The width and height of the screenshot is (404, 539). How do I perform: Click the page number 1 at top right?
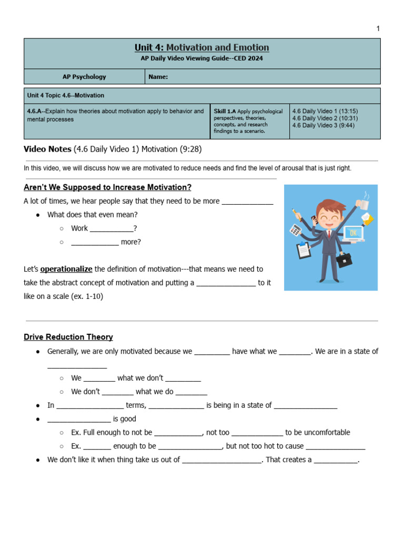[x=378, y=28]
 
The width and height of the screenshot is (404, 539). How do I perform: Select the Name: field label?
[x=158, y=77]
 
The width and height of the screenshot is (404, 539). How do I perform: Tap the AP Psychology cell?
[x=84, y=77]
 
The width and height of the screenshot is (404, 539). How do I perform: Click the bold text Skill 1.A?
[x=225, y=112]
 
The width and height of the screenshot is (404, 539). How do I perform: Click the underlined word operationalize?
[x=66, y=269]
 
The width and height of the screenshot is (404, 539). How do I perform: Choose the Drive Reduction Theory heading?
[x=68, y=337]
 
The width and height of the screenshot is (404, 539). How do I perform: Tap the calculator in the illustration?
[x=296, y=229]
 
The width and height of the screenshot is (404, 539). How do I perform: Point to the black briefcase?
[x=344, y=259]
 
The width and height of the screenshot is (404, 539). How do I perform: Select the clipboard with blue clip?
[x=304, y=250]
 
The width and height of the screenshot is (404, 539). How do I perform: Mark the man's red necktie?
[x=329, y=235]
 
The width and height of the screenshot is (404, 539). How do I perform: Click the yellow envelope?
[x=367, y=219]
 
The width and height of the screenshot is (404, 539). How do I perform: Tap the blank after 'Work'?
[x=112, y=229]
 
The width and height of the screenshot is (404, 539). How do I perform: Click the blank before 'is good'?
[x=79, y=419]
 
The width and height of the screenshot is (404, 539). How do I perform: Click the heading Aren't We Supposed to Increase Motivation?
[x=107, y=187]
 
